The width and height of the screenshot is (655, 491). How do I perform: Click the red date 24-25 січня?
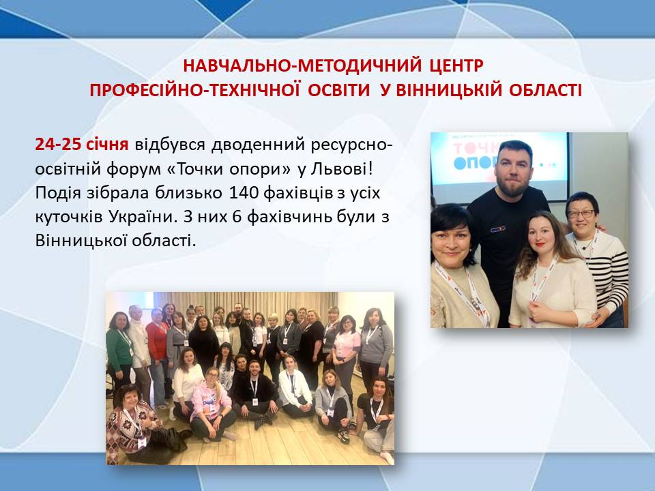pos(81,144)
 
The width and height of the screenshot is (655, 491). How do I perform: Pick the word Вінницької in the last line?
pos(81,241)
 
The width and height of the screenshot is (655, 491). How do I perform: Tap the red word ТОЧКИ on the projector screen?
pos(476,148)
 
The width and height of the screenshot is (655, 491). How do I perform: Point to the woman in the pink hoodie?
pos(212,403)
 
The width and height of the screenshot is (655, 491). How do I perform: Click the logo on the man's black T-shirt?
pos(497,229)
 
